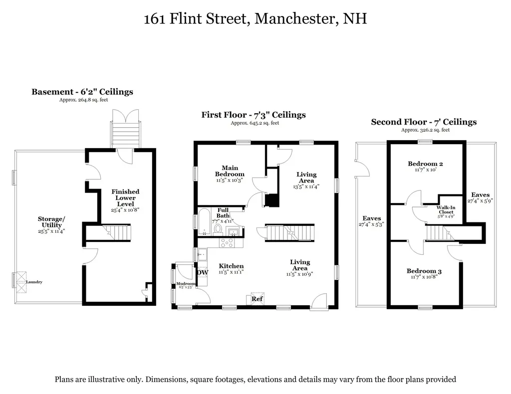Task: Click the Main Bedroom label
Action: coord(230,171)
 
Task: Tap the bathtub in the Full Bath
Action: coord(205,222)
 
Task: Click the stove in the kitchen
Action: coord(227,243)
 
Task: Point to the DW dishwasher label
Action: coord(202,272)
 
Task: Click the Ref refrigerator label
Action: coord(256,299)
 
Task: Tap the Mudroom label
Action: coord(186,283)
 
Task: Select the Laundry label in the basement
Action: coord(34,282)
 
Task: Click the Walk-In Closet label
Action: coord(445,209)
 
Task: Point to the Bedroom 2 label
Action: coord(425,164)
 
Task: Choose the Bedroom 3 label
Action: coord(424,271)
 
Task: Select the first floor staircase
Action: coord(290,232)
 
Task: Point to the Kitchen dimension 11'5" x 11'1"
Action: coord(231,273)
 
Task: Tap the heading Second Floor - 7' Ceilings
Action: coord(424,122)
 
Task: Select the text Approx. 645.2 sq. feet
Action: coord(254,123)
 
